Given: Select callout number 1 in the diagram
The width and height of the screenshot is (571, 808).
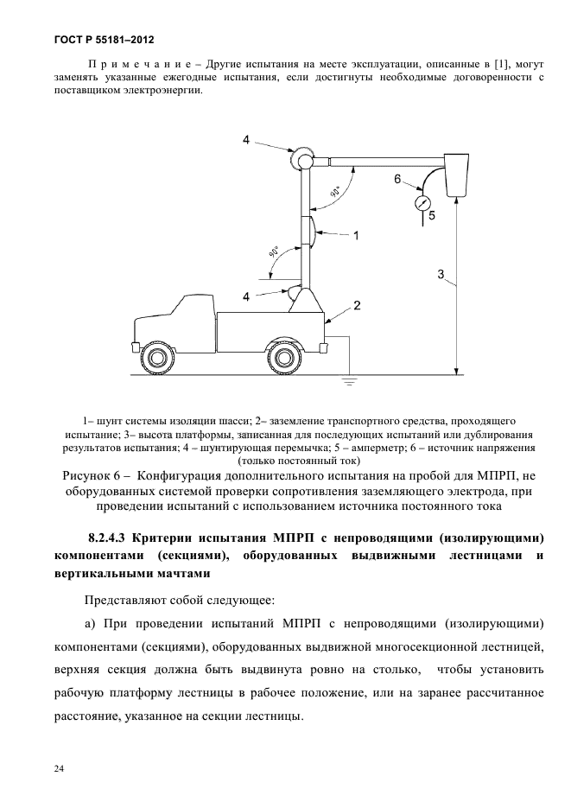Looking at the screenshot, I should pos(356,234).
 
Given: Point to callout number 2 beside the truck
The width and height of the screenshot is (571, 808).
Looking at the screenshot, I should pos(356,305).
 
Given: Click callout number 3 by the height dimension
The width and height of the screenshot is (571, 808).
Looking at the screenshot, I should pos(441,276).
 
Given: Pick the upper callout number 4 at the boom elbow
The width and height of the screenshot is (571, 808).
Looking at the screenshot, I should pos(247,141).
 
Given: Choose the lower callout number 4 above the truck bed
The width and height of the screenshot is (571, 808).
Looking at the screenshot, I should pos(247,296).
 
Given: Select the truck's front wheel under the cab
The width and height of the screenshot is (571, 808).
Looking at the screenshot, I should pos(157,355).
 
